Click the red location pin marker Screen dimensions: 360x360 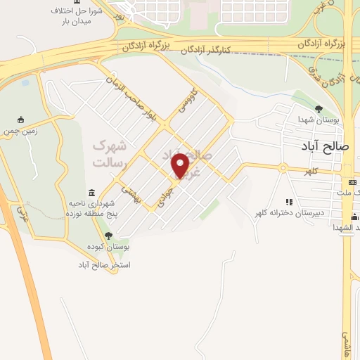coord(181,165)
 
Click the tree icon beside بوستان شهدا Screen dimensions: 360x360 coord(319,109)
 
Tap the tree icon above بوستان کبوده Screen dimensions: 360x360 coord(108,236)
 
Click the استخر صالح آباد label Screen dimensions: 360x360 coord(105,265)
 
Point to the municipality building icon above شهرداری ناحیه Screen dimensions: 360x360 coord(93,193)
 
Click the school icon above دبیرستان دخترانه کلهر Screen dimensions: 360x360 coord(289,202)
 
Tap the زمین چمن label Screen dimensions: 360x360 coord(21,131)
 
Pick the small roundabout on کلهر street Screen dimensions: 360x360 coord(282,168)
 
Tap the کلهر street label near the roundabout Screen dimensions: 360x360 coord(311,172)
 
